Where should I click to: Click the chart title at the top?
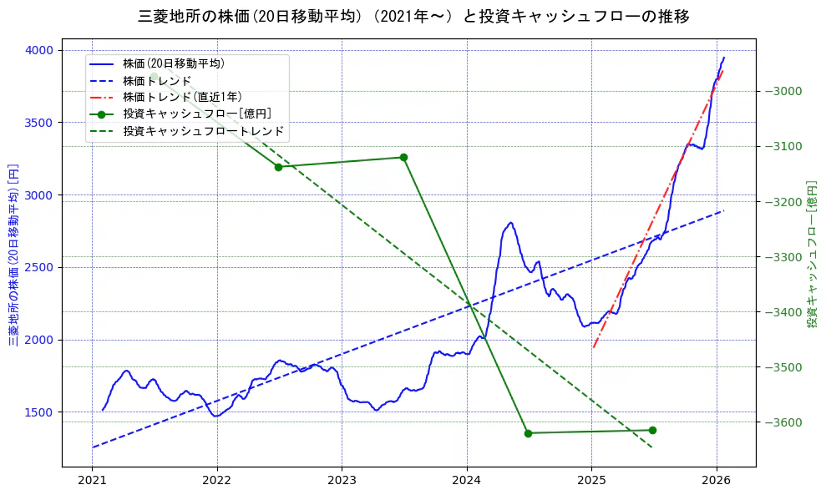tap(413, 17)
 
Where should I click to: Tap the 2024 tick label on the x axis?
tap(466, 481)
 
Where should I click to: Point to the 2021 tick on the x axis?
tap(92, 481)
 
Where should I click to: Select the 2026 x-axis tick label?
tap(716, 481)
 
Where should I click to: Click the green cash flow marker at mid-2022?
tap(278, 167)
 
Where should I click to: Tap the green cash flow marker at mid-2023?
tap(403, 157)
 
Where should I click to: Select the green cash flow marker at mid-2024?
tap(528, 433)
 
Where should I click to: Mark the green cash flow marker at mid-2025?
tap(652, 430)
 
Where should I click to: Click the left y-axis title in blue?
tap(13, 255)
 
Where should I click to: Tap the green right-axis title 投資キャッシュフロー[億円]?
tap(812, 255)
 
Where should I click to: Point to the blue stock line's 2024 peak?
tap(510, 223)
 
